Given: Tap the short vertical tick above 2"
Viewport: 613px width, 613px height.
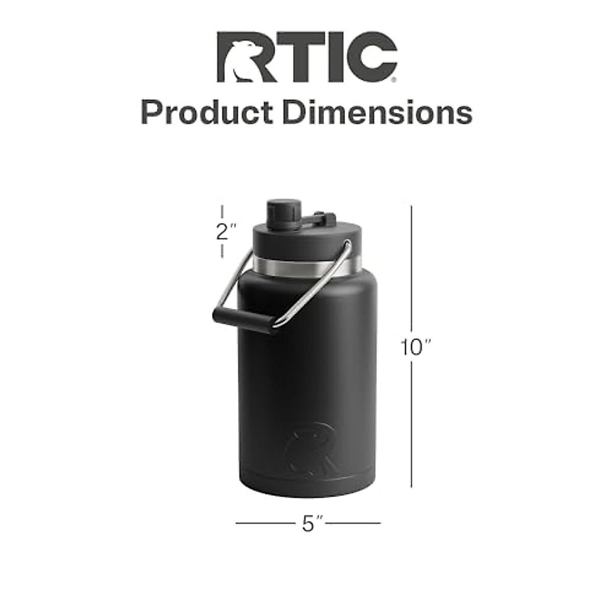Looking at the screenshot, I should pos(222,211).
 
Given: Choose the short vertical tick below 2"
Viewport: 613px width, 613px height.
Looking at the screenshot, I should pos(222,251).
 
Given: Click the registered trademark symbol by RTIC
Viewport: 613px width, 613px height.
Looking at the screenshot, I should pos(393,80).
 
